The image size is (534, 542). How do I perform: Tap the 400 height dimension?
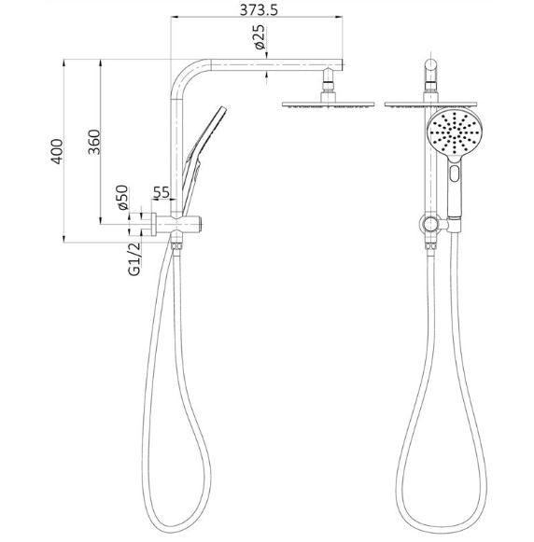[x=58, y=151]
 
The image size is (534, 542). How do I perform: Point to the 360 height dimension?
[x=93, y=142]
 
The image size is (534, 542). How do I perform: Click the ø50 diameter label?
[x=121, y=201]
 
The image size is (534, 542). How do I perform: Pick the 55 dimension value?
[x=160, y=193]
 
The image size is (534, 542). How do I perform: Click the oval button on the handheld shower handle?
[x=455, y=174]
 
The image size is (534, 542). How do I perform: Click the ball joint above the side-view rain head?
[x=328, y=87]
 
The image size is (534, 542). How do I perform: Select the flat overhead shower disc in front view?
[x=430, y=104]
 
